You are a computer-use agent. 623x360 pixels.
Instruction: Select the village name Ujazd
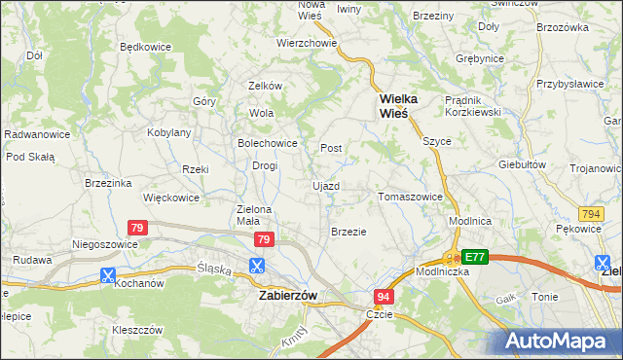click(x=325, y=185)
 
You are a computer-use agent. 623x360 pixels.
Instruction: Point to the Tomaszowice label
click(x=410, y=197)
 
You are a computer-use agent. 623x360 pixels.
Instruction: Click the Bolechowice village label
click(x=268, y=142)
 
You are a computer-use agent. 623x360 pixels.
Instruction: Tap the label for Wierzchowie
click(x=307, y=43)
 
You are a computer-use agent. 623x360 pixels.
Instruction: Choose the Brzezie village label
click(x=348, y=232)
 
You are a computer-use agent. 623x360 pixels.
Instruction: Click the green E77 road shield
click(x=474, y=257)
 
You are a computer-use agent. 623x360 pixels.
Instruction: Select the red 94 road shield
click(x=385, y=295)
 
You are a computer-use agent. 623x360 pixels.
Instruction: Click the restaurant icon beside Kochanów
click(x=107, y=275)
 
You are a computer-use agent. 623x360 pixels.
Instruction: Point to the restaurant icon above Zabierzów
click(x=257, y=265)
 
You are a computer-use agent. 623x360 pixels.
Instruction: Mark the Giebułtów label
click(x=522, y=164)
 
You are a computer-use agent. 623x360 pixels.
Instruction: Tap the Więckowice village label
click(x=170, y=198)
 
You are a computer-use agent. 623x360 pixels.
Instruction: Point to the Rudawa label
click(x=32, y=260)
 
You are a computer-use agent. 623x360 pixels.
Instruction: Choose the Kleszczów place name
click(x=135, y=330)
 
